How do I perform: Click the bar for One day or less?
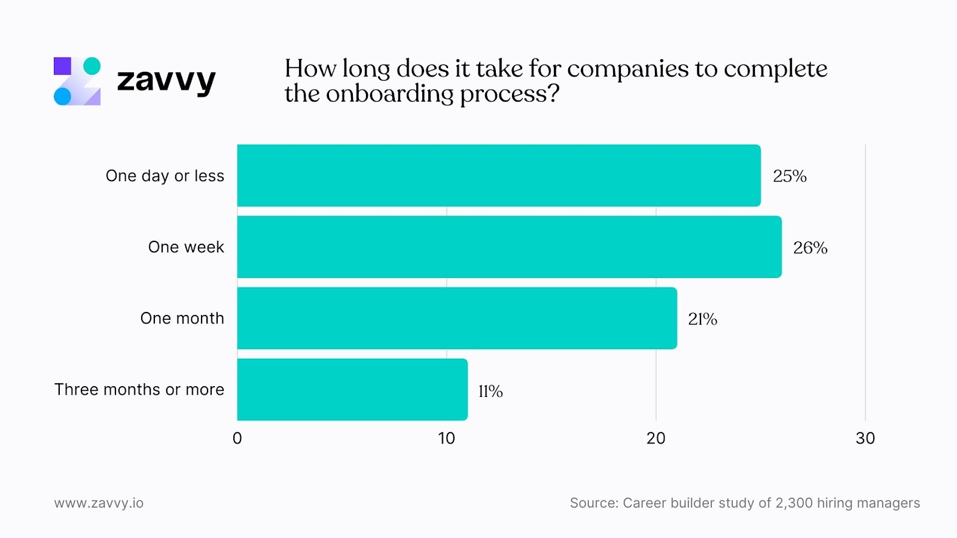tap(499, 176)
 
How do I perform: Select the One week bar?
tap(509, 247)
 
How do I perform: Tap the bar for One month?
tap(457, 318)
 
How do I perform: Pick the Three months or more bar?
tap(352, 390)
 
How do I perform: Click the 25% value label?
tap(790, 176)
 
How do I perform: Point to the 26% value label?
tap(810, 247)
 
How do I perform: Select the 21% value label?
tap(702, 319)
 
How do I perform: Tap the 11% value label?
tap(490, 391)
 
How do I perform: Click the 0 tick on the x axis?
tap(237, 438)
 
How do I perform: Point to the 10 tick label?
tap(446, 438)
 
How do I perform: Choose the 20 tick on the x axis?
tap(656, 438)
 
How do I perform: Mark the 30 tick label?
tap(865, 438)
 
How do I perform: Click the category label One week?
tap(186, 247)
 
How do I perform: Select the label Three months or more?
tap(139, 390)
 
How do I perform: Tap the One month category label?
tap(182, 318)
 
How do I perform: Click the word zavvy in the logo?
tap(166, 81)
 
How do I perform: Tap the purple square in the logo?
tap(62, 66)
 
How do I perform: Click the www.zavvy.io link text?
tap(99, 503)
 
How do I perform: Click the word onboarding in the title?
tap(390, 94)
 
